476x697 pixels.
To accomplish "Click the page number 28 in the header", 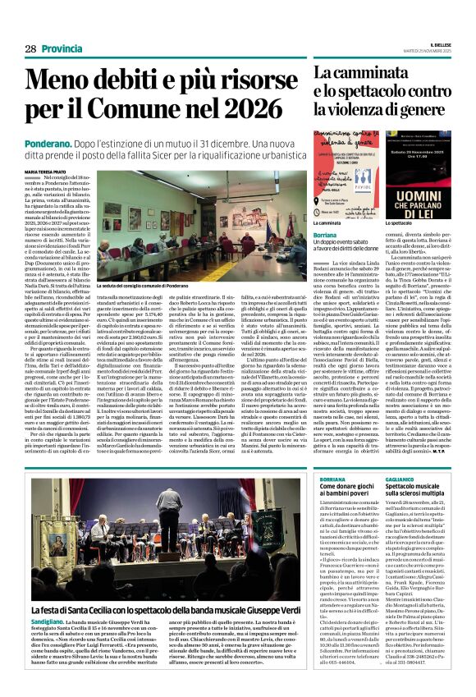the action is pos(30,49).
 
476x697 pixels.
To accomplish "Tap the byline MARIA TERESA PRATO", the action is pos(46,172).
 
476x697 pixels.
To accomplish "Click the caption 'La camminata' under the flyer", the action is pos(328,222).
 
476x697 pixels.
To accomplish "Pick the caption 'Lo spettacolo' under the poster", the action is pos(400,222).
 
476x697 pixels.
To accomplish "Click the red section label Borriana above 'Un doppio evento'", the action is pos(325,235).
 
